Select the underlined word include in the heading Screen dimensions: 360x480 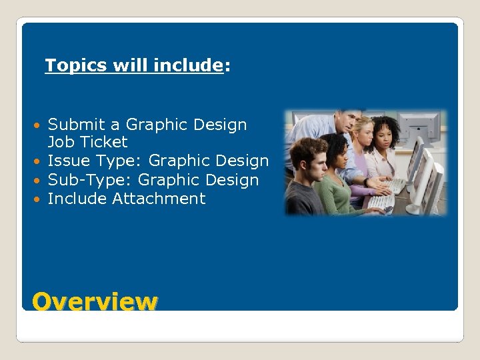point(187,66)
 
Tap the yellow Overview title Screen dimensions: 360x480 point(95,301)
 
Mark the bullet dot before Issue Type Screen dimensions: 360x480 point(41,161)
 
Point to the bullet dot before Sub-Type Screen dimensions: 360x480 point(41,181)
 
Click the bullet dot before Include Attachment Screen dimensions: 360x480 point(41,199)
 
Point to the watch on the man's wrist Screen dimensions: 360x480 point(366,182)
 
